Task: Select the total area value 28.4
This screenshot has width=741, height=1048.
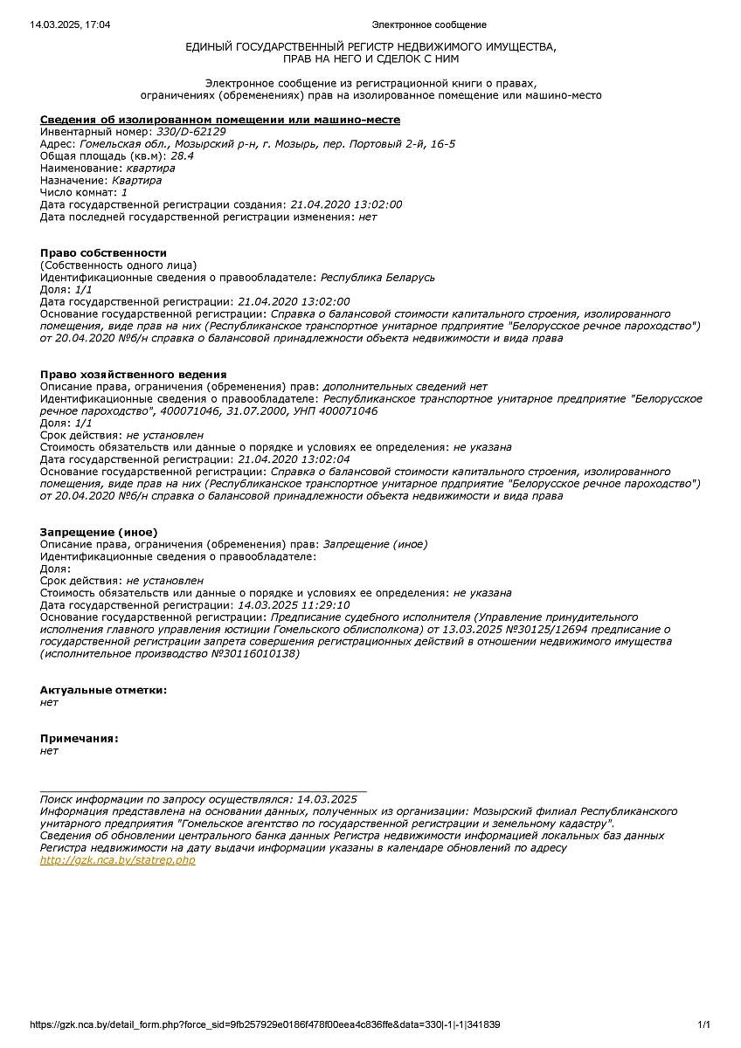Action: click(182, 155)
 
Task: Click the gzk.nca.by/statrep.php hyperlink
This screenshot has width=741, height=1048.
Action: click(118, 860)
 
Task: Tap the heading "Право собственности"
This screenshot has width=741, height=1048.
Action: click(103, 252)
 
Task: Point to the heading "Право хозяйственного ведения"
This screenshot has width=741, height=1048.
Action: click(133, 374)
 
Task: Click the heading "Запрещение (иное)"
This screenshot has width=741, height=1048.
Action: click(99, 531)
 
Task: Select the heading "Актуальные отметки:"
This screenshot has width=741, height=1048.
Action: click(103, 690)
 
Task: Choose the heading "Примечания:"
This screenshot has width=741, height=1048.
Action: click(79, 738)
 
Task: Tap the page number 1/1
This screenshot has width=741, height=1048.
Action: click(703, 1024)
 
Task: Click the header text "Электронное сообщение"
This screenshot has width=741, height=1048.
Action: click(429, 24)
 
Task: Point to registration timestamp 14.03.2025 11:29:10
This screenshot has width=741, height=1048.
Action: click(294, 604)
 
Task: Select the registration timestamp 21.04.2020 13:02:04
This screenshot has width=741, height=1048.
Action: click(294, 459)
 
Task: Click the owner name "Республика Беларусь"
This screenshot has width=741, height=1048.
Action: click(377, 278)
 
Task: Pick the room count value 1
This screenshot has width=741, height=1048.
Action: click(124, 192)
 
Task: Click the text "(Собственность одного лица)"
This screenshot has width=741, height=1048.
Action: click(118, 265)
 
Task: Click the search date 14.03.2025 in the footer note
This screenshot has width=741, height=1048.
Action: click(327, 799)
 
